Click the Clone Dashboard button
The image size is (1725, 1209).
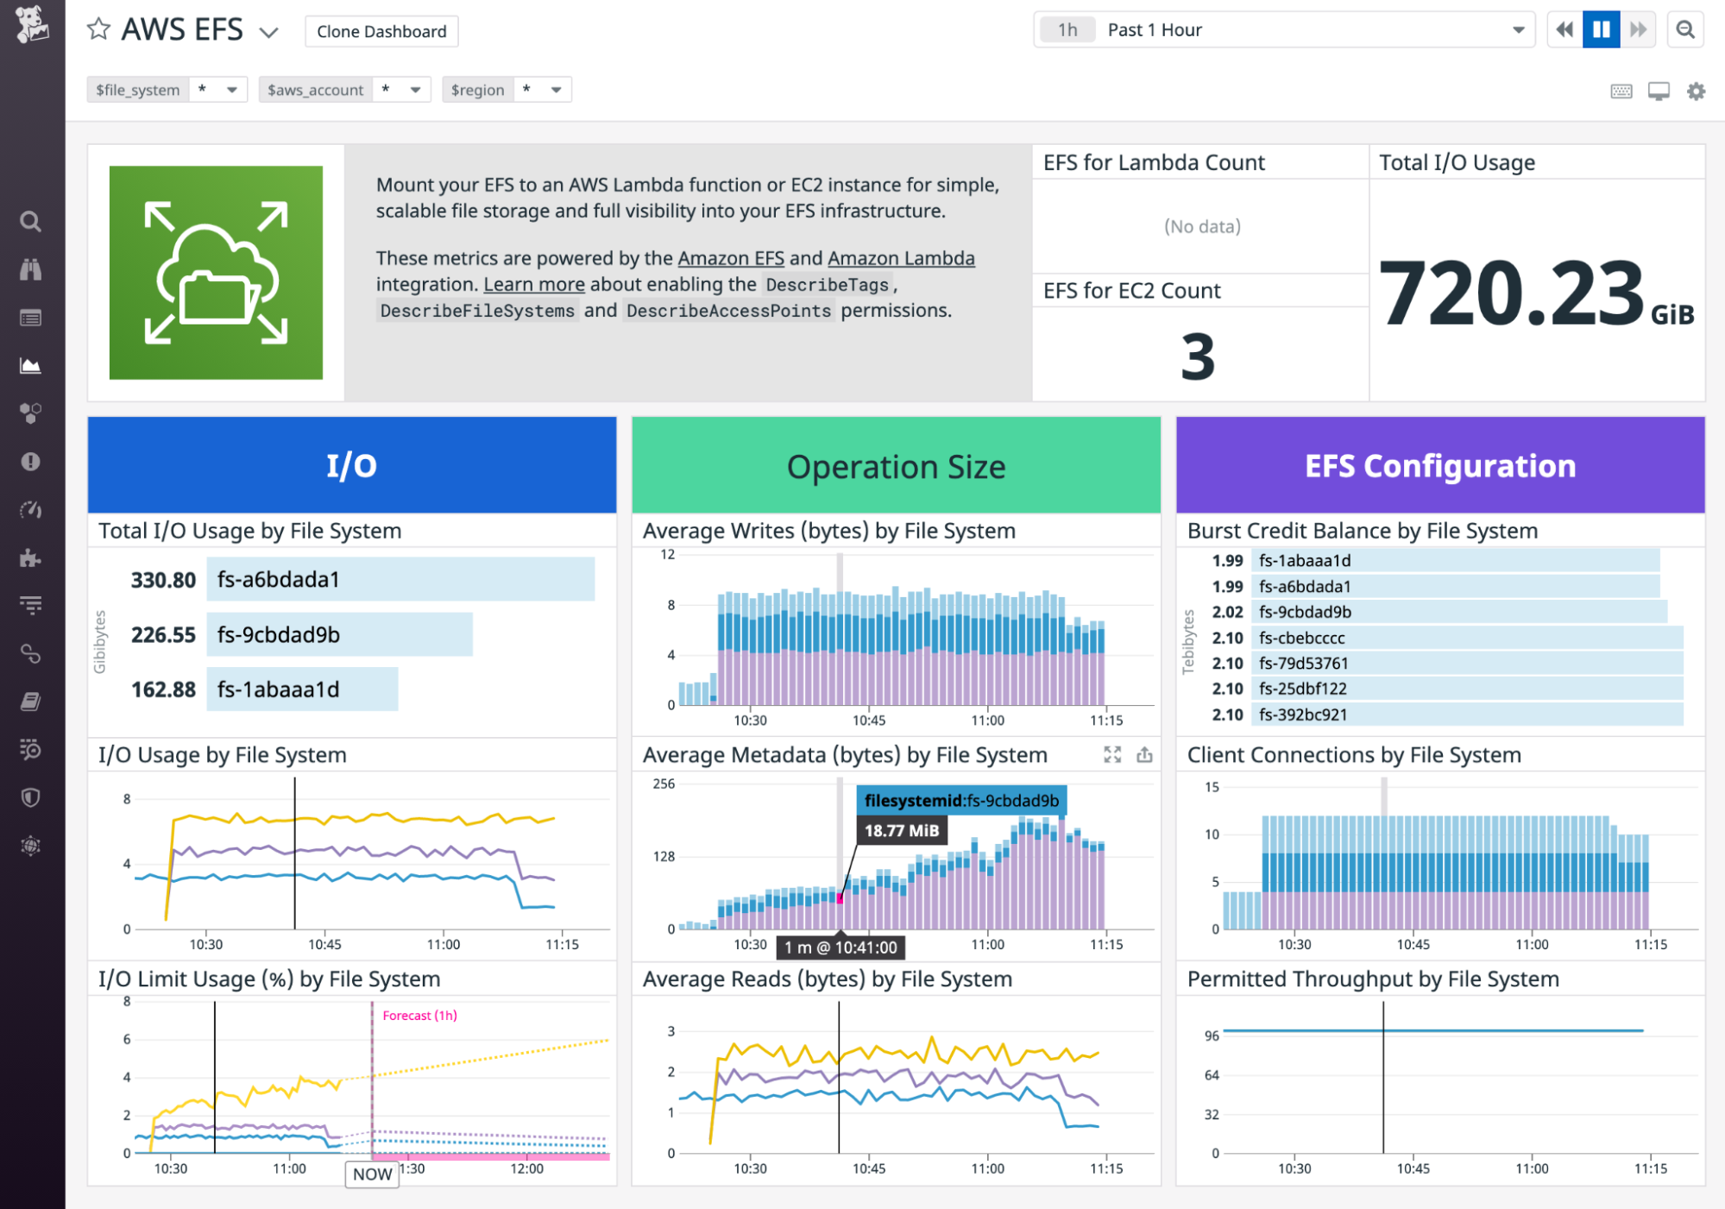coord(381,31)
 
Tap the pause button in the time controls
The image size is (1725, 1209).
coord(1601,30)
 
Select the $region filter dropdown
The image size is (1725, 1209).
coord(507,90)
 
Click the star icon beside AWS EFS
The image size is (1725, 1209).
coord(98,30)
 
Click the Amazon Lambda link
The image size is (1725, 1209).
coord(901,258)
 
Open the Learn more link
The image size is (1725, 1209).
coord(533,285)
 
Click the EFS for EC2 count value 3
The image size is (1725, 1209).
coord(1198,357)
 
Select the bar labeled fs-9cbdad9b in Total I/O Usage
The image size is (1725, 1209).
coord(339,635)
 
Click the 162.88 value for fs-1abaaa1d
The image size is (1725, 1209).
coord(163,690)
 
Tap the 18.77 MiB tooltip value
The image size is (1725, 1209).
coord(901,831)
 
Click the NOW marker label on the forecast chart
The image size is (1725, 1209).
coord(372,1174)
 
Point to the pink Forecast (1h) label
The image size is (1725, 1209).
coord(419,1016)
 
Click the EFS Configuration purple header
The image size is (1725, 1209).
coord(1439,466)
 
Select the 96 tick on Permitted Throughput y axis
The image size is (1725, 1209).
coord(1212,1036)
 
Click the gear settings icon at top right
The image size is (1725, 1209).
coord(1696,91)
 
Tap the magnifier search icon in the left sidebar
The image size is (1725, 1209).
coord(31,222)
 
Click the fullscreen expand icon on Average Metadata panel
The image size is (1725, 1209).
coord(1112,755)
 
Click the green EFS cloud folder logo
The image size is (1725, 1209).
coord(216,273)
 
